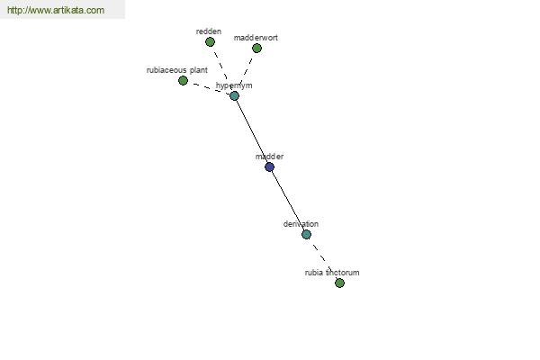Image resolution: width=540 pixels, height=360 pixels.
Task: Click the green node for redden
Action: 210,42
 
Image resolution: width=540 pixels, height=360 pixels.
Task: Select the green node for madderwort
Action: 256,49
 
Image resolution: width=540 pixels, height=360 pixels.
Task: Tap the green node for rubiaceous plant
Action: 183,81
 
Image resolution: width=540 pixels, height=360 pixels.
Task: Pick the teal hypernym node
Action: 234,95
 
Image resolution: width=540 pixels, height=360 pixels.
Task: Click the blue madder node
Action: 269,167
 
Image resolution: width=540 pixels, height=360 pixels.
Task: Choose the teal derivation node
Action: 306,235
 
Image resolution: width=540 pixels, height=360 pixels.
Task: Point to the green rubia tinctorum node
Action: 339,283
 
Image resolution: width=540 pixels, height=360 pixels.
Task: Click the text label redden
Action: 209,31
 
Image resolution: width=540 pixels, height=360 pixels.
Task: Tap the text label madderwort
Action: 256,38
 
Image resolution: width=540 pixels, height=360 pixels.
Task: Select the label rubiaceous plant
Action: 177,70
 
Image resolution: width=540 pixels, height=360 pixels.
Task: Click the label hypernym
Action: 234,85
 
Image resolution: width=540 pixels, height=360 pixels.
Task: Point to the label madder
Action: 269,157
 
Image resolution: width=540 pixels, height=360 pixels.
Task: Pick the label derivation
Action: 301,224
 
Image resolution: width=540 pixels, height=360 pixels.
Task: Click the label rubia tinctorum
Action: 332,273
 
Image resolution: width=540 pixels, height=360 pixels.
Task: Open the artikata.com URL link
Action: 56,10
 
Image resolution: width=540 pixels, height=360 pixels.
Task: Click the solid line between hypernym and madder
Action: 252,131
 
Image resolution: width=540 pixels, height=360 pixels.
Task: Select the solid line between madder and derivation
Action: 288,201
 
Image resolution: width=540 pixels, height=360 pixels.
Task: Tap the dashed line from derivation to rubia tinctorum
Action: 323,258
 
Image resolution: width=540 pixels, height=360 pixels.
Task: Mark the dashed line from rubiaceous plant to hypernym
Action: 209,88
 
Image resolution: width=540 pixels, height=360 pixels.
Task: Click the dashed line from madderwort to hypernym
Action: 246,72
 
